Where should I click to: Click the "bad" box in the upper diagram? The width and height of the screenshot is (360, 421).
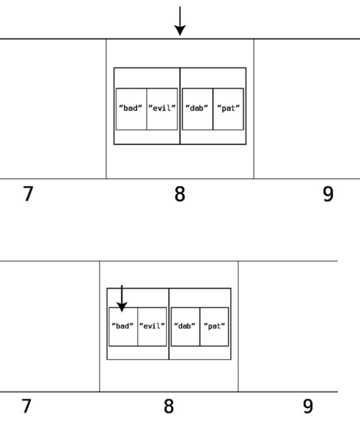point(131,109)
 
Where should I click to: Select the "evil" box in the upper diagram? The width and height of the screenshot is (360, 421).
point(162,109)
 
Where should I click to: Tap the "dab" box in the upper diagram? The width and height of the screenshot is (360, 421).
point(198,109)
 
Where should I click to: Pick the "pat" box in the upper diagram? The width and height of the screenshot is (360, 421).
point(228,109)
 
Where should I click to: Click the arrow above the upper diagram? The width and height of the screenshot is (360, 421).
point(180,21)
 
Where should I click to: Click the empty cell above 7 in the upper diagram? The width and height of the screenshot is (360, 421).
point(53,109)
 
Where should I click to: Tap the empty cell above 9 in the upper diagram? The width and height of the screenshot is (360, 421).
point(307,109)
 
